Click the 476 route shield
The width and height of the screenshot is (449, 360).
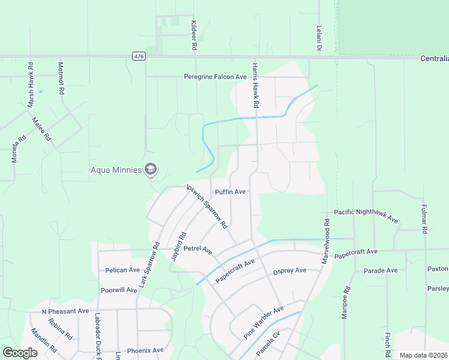tap(139, 56)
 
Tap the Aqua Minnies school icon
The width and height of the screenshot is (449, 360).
tap(150, 170)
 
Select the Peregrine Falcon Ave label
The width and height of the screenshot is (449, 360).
tap(215, 77)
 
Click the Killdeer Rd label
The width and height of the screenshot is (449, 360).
tap(194, 34)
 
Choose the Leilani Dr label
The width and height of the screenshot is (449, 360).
tap(319, 38)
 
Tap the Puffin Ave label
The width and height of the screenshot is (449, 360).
tap(231, 192)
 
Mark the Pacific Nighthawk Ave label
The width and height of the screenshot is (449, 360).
tap(366, 216)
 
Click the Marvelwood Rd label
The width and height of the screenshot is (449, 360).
tap(326, 239)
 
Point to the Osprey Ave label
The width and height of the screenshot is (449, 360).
tap(289, 271)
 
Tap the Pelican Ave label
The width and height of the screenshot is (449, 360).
tap(122, 270)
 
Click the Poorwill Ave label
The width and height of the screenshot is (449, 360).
tap(119, 290)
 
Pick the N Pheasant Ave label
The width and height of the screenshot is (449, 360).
tap(65, 311)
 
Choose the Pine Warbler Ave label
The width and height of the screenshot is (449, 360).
tap(264, 323)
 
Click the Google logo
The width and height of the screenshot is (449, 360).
tap(20, 353)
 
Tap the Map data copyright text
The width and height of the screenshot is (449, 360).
tap(423, 355)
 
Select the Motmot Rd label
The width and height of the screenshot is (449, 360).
tap(61, 79)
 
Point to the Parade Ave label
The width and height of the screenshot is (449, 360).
tap(381, 271)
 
